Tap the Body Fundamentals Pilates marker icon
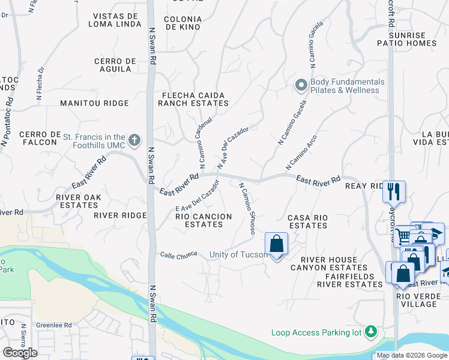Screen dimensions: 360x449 coord(301,86)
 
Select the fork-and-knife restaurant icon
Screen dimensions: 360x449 coord(394,191)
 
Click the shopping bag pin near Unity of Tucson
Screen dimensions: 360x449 coord(276,245)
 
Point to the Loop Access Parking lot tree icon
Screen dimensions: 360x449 coord(372,331)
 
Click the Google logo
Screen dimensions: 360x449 coord(20,353)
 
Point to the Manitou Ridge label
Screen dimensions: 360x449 coord(94,103)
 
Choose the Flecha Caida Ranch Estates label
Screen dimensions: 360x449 coord(191,99)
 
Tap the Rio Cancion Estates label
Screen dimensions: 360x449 coord(203,220)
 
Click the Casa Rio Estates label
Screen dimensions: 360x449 coord(307,221)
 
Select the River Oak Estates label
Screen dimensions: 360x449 coord(77,200)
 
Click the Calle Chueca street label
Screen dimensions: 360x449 coord(179,256)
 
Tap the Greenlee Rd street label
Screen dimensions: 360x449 coord(53,326)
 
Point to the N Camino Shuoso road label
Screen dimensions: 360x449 coord(249,208)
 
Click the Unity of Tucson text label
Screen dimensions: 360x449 coord(238,254)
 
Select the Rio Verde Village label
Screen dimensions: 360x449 coord(420,300)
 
